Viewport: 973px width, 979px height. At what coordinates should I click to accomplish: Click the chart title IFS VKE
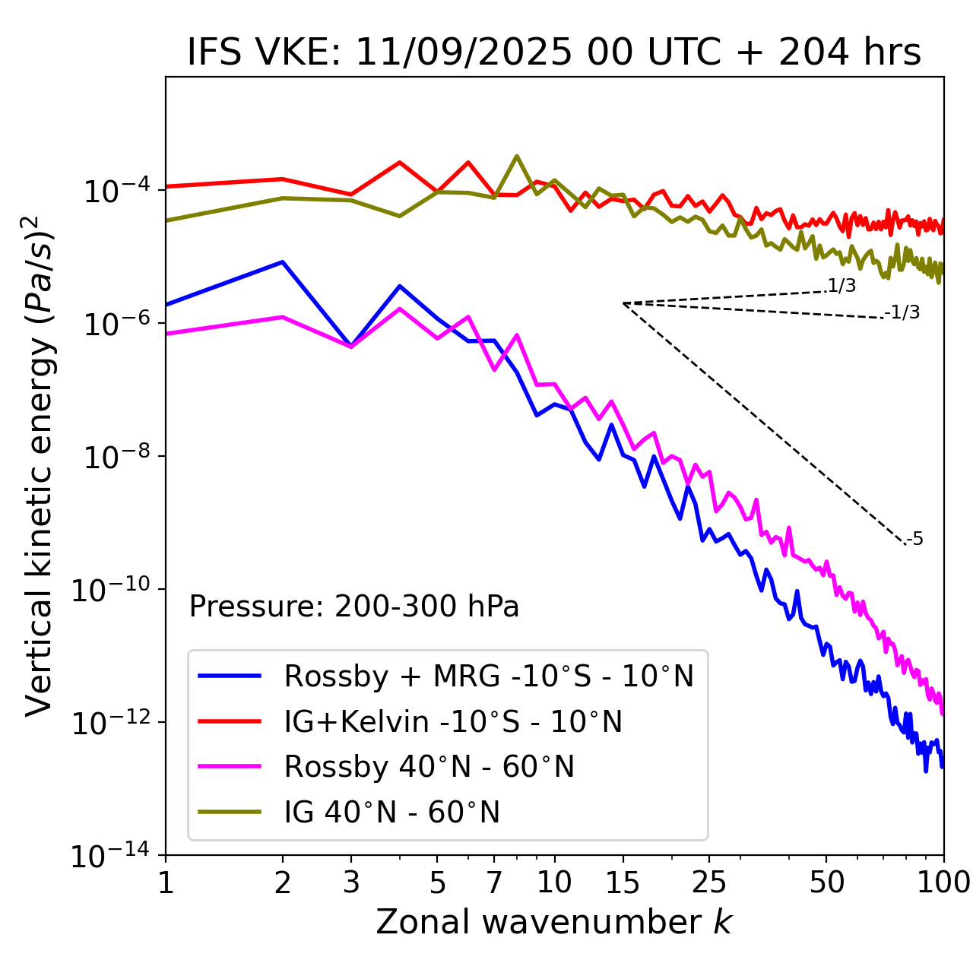click(x=554, y=52)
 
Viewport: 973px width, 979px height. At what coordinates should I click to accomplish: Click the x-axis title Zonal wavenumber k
click(x=554, y=922)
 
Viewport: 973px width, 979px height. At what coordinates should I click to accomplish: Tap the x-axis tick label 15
click(x=623, y=882)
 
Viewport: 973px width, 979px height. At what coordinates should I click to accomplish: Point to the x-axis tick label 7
click(x=494, y=882)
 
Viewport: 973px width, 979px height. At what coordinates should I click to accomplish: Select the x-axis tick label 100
click(x=943, y=882)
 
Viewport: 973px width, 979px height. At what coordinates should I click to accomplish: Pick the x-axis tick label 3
click(x=351, y=882)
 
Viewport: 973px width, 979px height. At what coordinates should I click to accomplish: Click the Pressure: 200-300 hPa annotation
click(x=354, y=607)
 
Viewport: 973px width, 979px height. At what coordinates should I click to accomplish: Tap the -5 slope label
click(x=914, y=540)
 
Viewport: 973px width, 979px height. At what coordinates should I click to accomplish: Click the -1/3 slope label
click(x=902, y=312)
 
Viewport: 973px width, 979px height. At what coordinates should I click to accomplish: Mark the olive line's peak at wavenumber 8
click(x=517, y=156)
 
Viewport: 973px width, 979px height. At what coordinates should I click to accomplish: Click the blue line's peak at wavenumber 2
click(x=283, y=261)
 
